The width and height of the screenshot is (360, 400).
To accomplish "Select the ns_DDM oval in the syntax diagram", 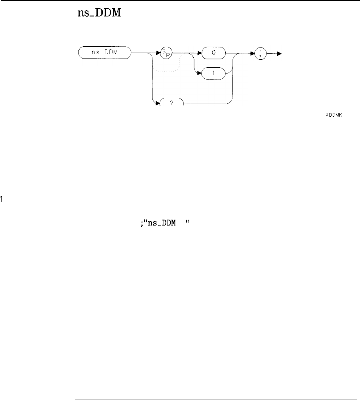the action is coord(104,52).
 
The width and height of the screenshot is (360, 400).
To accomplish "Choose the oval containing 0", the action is coord(213,52).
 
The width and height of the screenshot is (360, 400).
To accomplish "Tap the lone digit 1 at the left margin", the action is coord(2,199).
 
